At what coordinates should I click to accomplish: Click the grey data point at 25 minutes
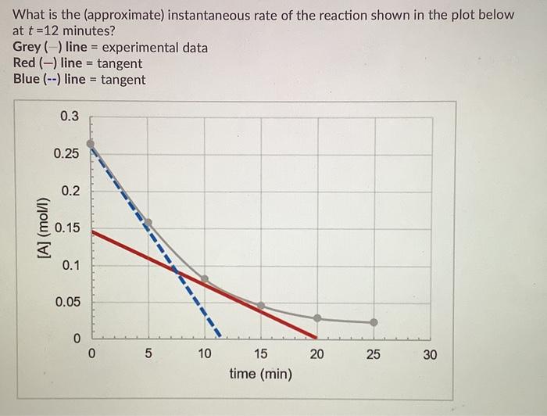(374, 322)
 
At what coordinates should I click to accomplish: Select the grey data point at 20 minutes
(317, 318)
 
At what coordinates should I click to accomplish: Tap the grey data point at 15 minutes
(261, 305)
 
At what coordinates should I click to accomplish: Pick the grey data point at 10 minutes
(205, 278)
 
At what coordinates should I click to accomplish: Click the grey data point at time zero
(91, 144)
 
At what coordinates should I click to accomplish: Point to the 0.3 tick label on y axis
(70, 117)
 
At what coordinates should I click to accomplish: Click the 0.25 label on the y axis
(66, 153)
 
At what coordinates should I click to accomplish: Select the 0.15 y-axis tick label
(66, 228)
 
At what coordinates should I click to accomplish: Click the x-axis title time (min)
(261, 375)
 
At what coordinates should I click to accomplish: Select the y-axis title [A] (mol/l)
(37, 228)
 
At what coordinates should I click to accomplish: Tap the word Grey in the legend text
(27, 48)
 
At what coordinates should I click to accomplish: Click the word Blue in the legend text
(27, 80)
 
